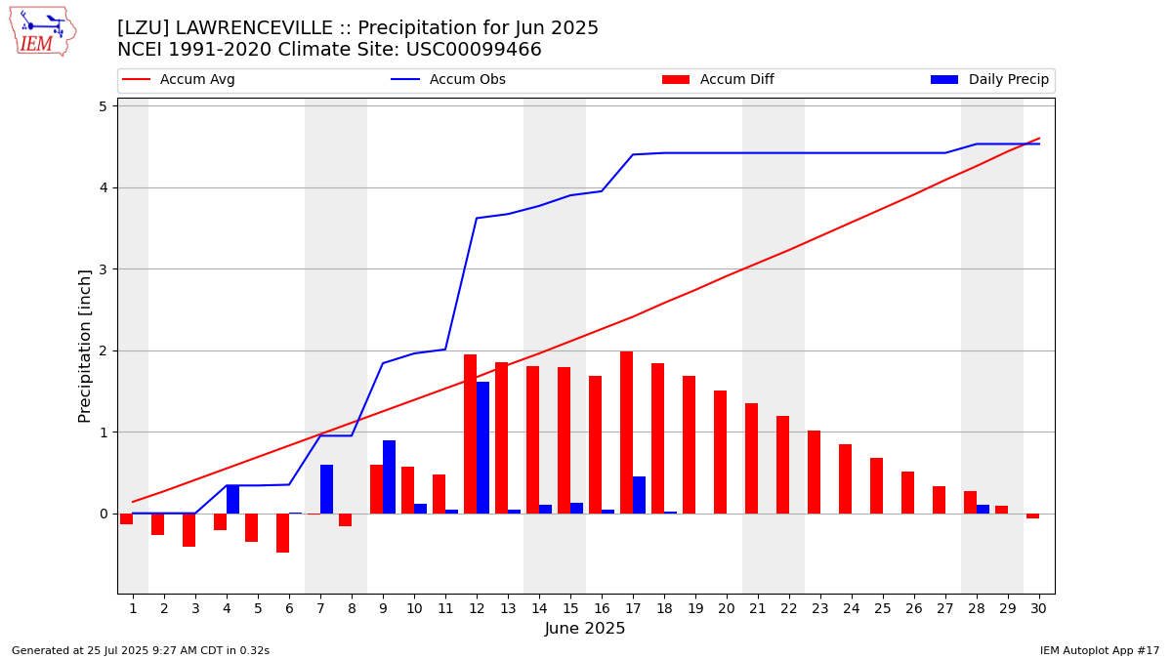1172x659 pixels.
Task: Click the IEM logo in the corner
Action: (42, 31)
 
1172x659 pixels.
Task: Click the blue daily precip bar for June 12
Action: (482, 447)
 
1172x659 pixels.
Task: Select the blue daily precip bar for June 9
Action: (389, 476)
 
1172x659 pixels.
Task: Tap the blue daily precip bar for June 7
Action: (326, 489)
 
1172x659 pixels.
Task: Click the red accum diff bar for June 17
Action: (626, 432)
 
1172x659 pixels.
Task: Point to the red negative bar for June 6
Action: (282, 533)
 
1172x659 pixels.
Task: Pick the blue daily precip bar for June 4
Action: (232, 499)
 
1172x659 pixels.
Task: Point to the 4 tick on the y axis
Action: (103, 187)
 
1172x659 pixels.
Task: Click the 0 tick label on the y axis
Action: (103, 514)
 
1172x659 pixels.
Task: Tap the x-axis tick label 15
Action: (570, 608)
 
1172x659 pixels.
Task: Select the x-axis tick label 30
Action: (1038, 608)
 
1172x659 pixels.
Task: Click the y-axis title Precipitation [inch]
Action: (85, 346)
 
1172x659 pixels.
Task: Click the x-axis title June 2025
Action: (585, 629)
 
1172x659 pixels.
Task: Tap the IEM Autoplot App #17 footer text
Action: (1100, 650)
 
